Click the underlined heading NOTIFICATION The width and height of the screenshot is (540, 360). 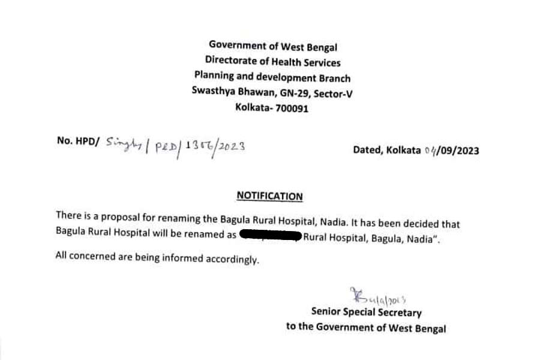269,196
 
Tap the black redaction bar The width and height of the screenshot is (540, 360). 269,235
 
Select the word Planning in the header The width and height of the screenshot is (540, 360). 213,77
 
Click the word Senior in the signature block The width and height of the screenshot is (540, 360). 327,312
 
